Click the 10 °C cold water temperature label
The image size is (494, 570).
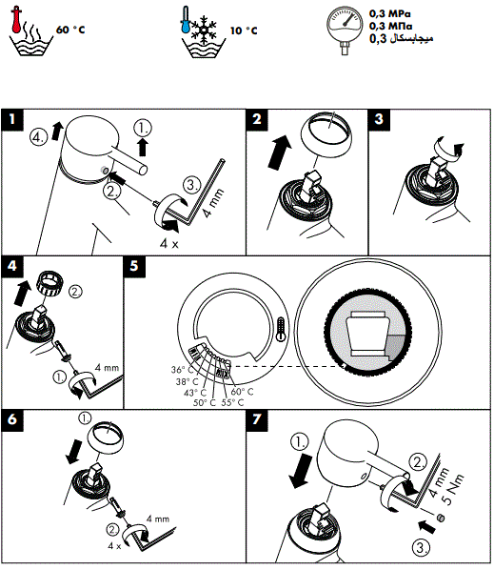point(244,31)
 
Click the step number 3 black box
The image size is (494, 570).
point(378,119)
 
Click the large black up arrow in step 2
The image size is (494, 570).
point(277,151)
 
